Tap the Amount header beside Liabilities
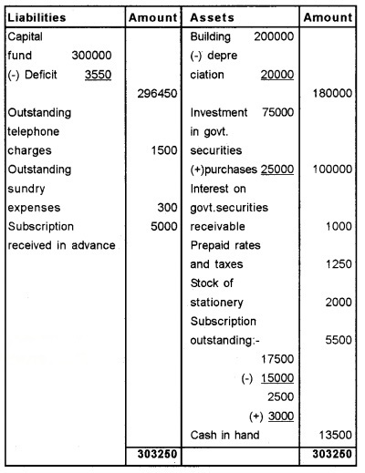[x=151, y=17]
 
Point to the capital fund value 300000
[x=91, y=55]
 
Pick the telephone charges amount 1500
[x=162, y=150]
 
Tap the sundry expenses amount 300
[x=168, y=208]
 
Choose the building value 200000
[x=274, y=36]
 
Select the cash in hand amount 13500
[x=334, y=436]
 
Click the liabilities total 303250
[x=157, y=453]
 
